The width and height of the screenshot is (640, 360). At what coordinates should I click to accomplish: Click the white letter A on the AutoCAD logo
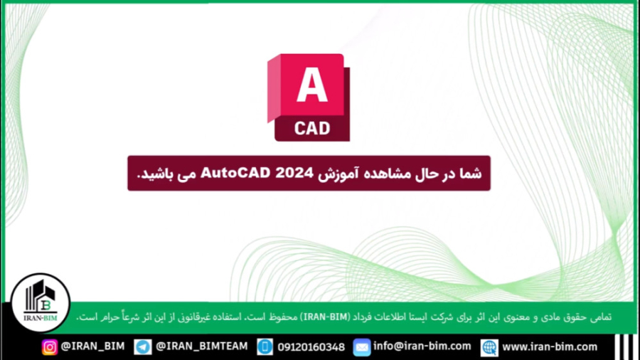[311, 85]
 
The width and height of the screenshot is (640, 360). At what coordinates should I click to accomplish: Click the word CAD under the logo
[312, 128]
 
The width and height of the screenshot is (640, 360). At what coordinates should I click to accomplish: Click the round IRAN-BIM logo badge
[41, 302]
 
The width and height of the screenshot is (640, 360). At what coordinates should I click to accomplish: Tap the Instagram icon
[50, 347]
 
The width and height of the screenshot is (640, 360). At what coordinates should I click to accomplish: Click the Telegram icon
[143, 347]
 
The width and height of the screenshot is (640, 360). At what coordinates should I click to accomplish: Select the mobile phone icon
[265, 347]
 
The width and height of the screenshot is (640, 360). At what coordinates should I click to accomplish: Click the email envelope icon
[362, 347]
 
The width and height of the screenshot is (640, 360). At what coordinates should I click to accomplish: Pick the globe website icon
[489, 347]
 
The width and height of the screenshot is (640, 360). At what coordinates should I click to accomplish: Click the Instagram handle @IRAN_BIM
[92, 346]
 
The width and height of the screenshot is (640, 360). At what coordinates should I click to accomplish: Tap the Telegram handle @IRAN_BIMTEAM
[202, 346]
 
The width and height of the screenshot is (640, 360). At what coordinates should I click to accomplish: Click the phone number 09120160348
[311, 347]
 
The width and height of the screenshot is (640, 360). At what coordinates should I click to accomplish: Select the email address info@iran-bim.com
[422, 346]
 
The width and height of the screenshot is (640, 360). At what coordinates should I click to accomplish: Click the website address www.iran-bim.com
[550, 346]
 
